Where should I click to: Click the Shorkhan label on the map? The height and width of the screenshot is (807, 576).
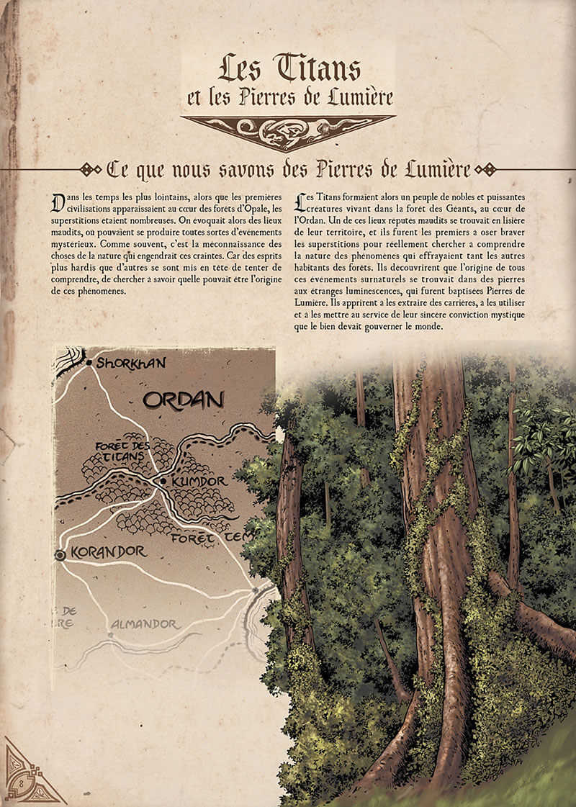pos(130,363)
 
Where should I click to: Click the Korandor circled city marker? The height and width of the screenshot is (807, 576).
pos(60,554)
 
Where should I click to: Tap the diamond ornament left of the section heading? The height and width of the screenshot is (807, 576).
pos(90,170)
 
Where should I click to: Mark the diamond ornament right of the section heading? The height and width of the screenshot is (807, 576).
pos(486,170)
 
